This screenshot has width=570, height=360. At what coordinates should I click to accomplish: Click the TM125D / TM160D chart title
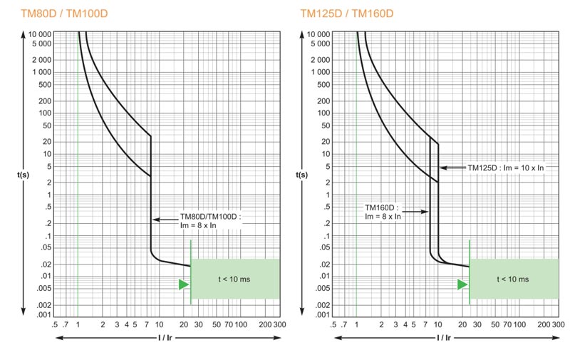(x=338, y=14)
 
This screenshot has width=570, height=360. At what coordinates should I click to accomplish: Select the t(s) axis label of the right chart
(x=304, y=174)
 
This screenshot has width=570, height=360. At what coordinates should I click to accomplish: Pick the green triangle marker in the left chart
(x=184, y=284)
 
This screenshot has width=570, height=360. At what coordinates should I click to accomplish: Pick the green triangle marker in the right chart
(x=462, y=284)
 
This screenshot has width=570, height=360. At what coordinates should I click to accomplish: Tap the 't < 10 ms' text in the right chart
(x=513, y=279)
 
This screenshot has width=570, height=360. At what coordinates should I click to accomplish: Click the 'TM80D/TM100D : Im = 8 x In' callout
(x=210, y=220)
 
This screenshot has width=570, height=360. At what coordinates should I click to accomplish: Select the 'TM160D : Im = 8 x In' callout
(x=383, y=212)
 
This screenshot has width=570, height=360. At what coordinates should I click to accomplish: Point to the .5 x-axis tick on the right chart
(x=333, y=324)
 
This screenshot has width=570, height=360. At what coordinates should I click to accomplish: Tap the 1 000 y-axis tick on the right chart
(x=320, y=72)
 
